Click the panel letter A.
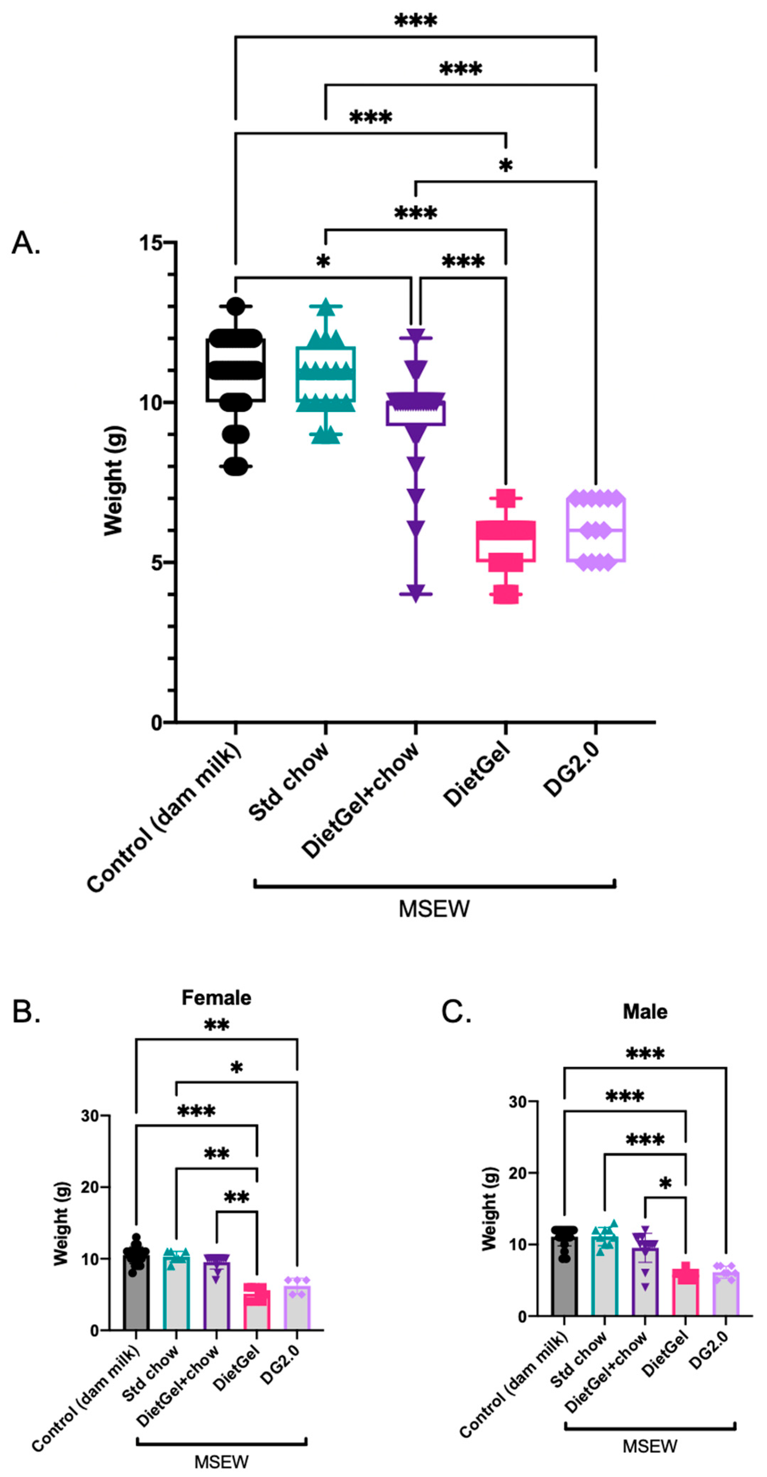(26, 243)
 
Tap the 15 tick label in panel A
(150, 243)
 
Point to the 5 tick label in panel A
(157, 563)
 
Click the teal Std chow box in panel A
(325, 374)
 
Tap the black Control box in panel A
(235, 370)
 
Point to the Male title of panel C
(645, 1012)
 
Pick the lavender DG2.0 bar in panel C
(726, 1295)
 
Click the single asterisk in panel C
(665, 1183)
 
